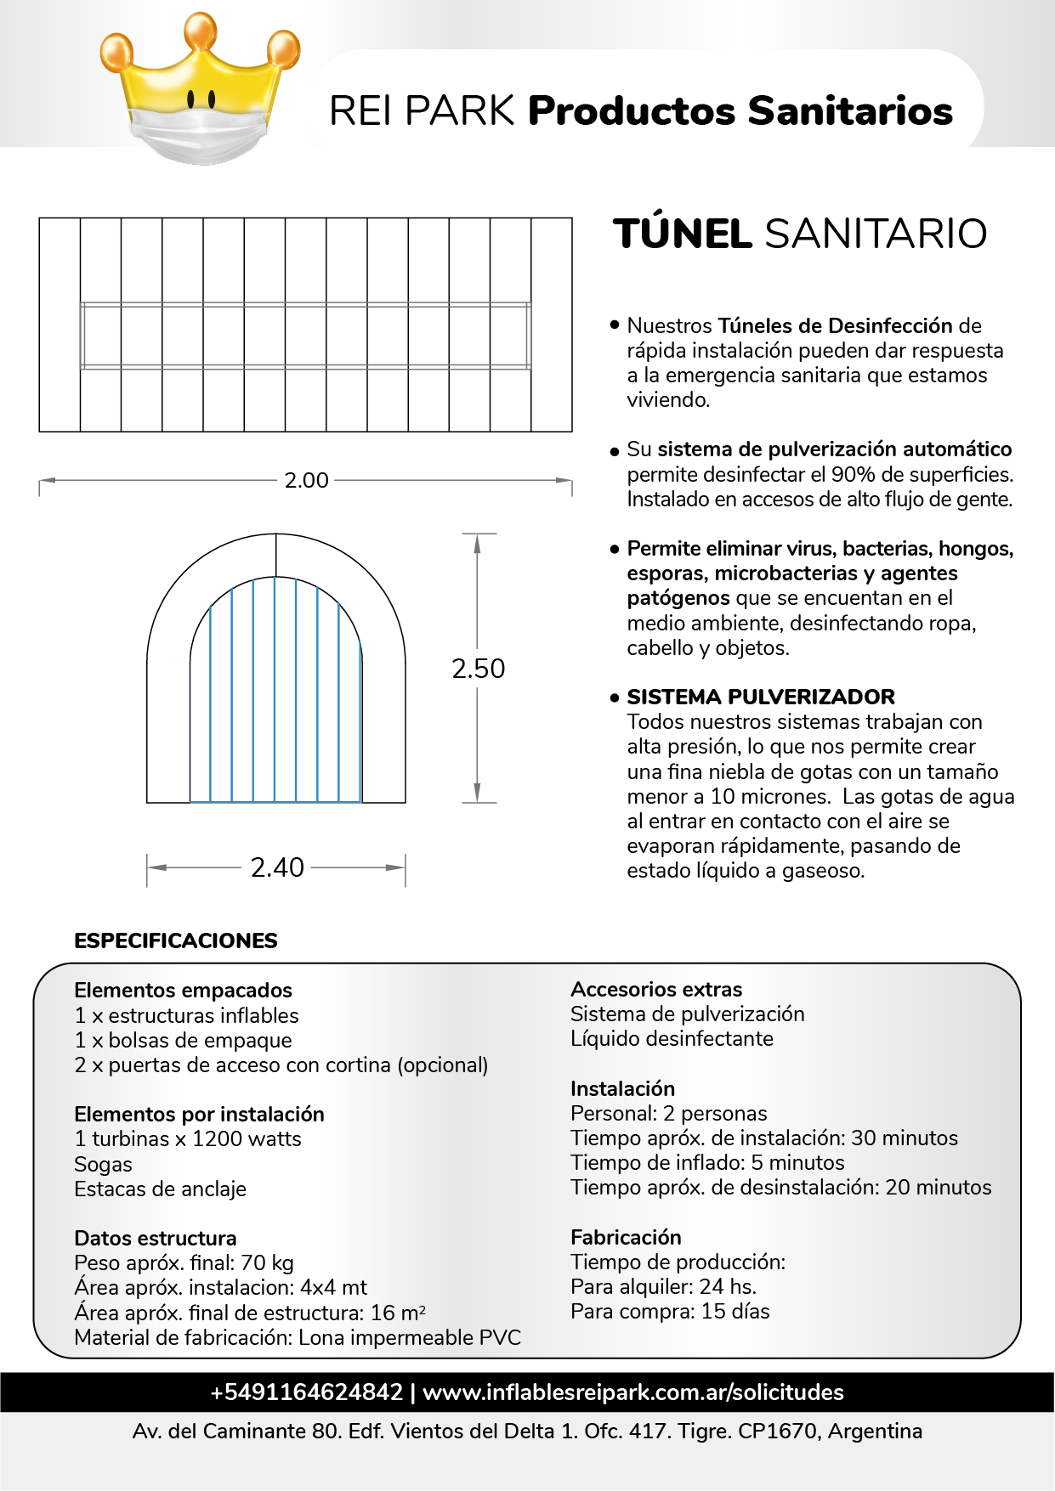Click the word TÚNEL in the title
(x=683, y=234)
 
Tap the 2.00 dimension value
(x=306, y=481)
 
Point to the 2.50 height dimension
(x=478, y=669)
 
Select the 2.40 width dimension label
(x=277, y=867)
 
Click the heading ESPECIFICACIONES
(x=176, y=940)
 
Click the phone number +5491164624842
(x=306, y=1392)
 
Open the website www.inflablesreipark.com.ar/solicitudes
(x=632, y=1392)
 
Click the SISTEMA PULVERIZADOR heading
(x=761, y=697)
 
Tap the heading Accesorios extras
(x=656, y=989)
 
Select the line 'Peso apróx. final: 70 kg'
(x=184, y=1262)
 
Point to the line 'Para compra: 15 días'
(x=670, y=1311)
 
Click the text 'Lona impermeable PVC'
(x=409, y=1337)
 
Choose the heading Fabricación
(x=626, y=1237)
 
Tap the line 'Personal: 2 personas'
(x=668, y=1113)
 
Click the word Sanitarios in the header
(x=850, y=111)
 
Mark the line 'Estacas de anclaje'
(x=160, y=1189)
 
